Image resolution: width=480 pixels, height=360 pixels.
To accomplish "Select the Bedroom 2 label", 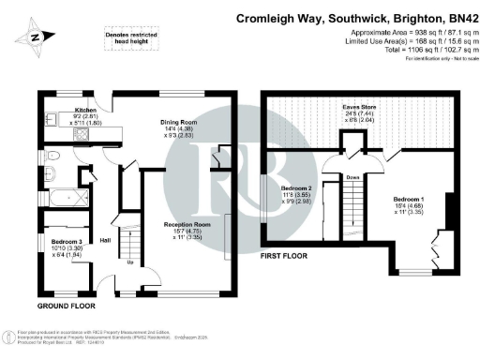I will coord(298,187).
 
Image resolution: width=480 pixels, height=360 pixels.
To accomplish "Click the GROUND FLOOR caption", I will coord(68,306).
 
